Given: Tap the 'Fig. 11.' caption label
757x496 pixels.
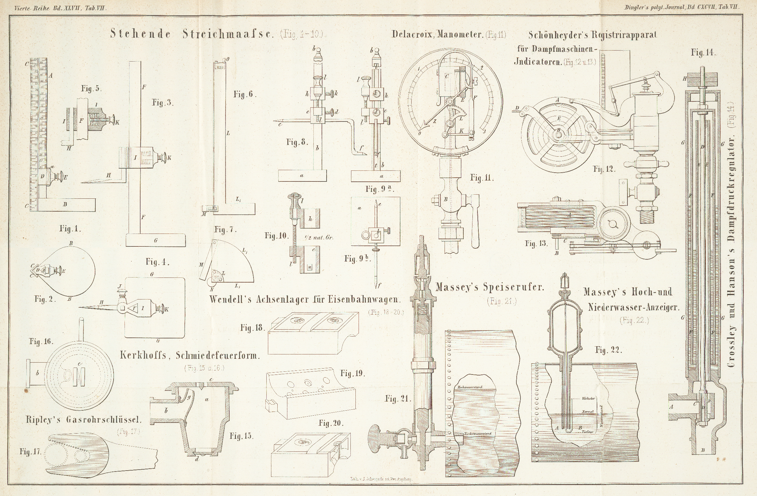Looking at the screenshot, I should pos(482,178).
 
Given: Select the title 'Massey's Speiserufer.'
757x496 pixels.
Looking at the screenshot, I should pos(489,288).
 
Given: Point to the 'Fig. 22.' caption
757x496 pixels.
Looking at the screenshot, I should pos(609,351).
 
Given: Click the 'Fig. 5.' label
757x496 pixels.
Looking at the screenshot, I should pos(91,89).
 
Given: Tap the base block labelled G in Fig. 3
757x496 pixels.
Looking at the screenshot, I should pos(156,240).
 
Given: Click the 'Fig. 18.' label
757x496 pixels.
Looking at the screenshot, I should pos(253,328).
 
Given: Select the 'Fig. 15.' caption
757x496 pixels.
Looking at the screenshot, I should pos(242,436).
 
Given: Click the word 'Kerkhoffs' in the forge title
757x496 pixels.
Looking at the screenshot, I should pos(143,355).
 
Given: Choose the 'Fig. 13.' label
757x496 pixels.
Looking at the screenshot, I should pos(536,244).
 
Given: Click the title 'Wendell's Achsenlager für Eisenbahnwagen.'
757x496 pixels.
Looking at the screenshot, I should pos(304,299).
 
